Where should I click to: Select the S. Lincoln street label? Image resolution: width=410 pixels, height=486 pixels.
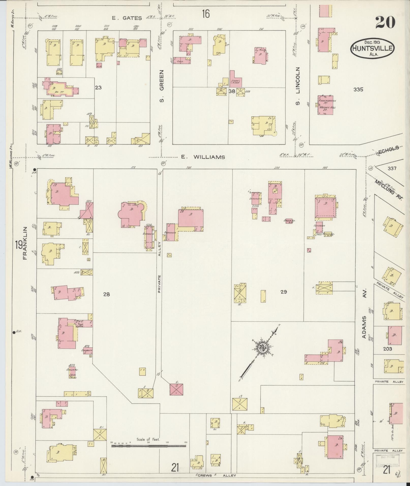click(298, 86)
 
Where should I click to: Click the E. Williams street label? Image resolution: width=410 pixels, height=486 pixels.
click(203, 157)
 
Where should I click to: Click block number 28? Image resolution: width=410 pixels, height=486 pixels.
click(107, 294)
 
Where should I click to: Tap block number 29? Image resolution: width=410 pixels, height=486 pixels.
click(284, 292)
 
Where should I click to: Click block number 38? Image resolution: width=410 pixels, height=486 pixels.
click(232, 91)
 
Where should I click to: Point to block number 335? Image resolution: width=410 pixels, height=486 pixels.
click(358, 89)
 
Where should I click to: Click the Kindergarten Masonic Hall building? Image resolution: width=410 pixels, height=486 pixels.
click(325, 105)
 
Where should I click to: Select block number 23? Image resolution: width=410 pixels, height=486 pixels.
click(98, 88)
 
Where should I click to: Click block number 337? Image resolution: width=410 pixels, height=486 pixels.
click(392, 168)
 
